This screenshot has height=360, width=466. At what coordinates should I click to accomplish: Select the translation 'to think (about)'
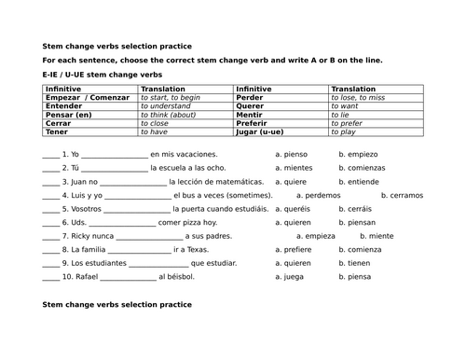[x=168, y=115]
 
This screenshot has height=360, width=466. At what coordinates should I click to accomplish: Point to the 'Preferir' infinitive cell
[x=254, y=123]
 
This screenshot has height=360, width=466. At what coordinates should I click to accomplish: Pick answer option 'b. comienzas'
[x=363, y=169]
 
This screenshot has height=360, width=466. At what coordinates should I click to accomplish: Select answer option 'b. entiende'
[x=360, y=182]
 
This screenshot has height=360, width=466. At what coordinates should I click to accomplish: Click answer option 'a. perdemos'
[x=318, y=196]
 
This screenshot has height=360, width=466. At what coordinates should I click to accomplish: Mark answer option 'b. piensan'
[x=359, y=223]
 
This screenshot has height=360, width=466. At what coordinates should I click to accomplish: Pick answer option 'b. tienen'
[x=356, y=264]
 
